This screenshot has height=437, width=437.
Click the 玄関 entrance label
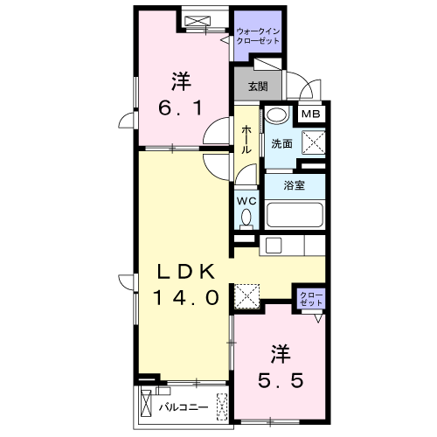257,87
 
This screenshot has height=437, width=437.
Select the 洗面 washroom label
281,143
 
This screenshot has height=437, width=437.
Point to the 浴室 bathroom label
295,185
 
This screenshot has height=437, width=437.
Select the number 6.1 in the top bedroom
181,108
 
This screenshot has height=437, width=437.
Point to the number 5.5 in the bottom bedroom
280,381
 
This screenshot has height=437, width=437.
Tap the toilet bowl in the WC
247,218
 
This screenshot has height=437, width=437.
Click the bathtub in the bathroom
295,213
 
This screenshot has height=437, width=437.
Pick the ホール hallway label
247,138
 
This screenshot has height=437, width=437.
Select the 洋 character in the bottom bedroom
280,355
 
